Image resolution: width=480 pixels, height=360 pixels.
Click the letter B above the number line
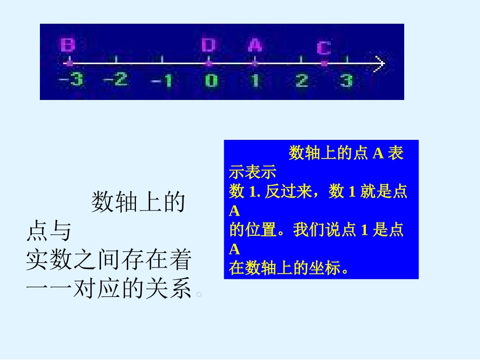point(68,45)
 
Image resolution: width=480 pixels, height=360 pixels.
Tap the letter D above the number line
point(208,45)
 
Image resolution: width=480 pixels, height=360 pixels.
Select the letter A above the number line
point(255,45)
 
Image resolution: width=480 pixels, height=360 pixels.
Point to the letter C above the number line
point(324,48)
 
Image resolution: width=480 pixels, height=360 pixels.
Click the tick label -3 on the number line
point(71,80)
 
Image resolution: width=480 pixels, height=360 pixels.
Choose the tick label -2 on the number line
point(116,80)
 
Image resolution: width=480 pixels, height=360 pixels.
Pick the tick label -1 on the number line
point(162,81)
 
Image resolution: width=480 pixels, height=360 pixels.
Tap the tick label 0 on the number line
point(211,81)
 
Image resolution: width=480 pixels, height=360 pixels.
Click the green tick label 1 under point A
point(256,81)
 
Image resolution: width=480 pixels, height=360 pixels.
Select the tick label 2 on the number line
point(302,81)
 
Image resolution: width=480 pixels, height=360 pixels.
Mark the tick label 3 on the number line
point(346,81)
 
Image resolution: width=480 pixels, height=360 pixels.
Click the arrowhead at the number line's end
point(380,64)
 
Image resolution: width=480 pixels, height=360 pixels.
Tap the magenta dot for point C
point(324,64)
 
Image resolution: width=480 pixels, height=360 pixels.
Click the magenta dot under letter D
point(208,64)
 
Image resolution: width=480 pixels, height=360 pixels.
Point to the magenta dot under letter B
point(69,64)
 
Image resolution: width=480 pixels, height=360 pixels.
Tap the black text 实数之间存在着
point(109,261)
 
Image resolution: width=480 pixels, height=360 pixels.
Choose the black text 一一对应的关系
point(109,290)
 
